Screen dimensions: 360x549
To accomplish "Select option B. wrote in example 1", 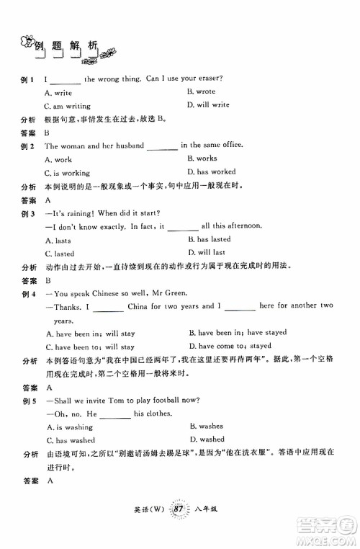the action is (x=201, y=92).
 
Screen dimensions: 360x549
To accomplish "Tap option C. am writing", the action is (x=67, y=106).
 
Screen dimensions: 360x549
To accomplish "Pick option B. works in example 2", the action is (x=202, y=159).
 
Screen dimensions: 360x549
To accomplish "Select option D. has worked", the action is (x=211, y=172).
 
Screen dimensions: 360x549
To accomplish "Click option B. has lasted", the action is (x=209, y=239).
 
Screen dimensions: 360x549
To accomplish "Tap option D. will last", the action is (x=206, y=253).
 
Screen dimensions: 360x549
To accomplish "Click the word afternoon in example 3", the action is (x=243, y=226).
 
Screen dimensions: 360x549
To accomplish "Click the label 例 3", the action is (x=29, y=213).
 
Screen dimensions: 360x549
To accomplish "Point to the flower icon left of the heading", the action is (x=27, y=42).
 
